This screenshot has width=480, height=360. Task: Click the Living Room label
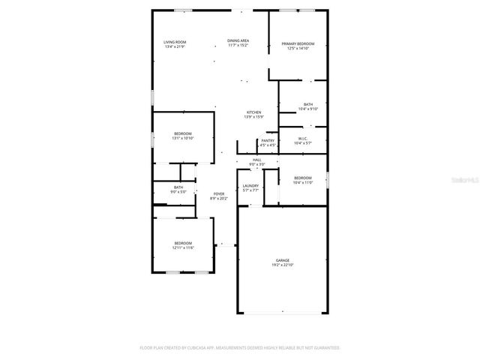click(x=175, y=42)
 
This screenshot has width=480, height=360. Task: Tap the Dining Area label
click(x=238, y=40)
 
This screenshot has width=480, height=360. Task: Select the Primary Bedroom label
click(x=298, y=44)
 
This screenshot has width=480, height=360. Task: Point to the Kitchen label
click(x=253, y=112)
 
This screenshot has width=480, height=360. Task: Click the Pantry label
click(x=267, y=140)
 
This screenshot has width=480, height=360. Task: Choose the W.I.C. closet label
click(x=302, y=138)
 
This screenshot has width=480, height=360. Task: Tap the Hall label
click(x=256, y=160)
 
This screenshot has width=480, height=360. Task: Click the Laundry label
click(x=250, y=186)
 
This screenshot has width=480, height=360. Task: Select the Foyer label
click(x=218, y=193)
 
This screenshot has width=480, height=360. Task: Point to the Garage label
click(x=281, y=260)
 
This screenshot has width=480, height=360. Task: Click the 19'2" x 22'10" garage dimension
click(x=281, y=265)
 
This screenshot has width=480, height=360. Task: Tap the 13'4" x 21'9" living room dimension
click(x=175, y=46)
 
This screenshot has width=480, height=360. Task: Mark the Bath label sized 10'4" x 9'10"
click(x=308, y=104)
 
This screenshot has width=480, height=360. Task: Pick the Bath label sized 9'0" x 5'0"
click(x=178, y=187)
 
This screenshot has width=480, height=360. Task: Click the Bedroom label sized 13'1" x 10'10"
click(x=183, y=133)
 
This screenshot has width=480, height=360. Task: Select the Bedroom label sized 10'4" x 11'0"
click(x=302, y=178)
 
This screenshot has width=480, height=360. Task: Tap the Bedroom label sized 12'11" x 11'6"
click(x=183, y=243)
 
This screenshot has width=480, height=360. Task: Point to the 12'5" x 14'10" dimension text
click(x=298, y=49)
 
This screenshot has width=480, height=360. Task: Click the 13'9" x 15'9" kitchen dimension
click(x=253, y=117)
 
